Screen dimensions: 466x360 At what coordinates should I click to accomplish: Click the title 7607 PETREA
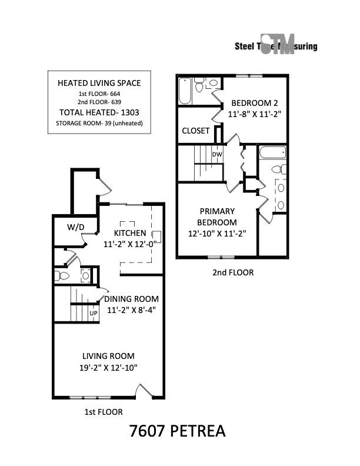(177, 431)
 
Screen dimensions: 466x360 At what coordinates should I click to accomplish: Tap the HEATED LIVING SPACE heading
(99, 83)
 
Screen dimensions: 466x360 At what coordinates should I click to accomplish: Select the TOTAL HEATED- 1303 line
(99, 112)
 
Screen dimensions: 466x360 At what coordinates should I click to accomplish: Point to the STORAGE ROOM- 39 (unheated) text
(99, 124)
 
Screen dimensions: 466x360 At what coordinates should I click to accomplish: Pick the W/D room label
(75, 227)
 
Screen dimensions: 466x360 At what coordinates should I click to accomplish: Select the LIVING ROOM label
(108, 356)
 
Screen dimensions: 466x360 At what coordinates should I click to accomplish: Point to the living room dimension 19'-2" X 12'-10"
(108, 367)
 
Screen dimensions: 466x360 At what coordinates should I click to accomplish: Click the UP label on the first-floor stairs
(93, 314)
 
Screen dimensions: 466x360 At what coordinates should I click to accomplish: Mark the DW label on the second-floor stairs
(216, 155)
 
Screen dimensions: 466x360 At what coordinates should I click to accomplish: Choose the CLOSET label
(195, 131)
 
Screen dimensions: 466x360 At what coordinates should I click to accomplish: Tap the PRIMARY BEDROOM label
(217, 217)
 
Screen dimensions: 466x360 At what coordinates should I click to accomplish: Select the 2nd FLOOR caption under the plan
(233, 272)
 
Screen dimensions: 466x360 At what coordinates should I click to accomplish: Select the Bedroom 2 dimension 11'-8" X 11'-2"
(254, 115)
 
